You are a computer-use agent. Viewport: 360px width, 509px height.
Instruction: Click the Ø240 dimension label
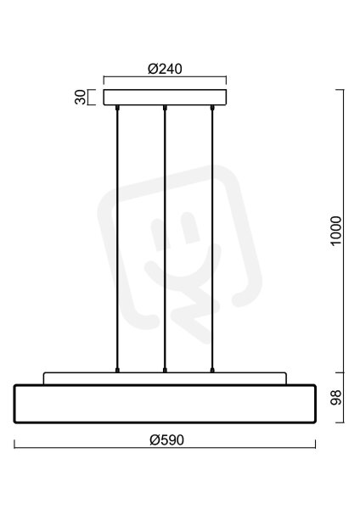pyautogui.click(x=165, y=69)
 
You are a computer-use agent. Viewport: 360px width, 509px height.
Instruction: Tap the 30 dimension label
pyautogui.click(x=81, y=97)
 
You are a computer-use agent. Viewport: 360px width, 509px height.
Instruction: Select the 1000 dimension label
pyautogui.click(x=335, y=231)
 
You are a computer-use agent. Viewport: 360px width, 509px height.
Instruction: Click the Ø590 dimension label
pyautogui.click(x=166, y=439)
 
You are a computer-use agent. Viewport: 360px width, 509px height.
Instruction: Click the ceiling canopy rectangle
pyautogui.click(x=165, y=97)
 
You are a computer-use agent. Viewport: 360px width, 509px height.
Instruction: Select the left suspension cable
pyautogui.click(x=117, y=238)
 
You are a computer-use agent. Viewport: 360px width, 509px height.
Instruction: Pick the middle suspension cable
pyautogui.click(x=165, y=238)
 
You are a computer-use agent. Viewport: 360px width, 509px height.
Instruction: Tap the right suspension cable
pyautogui.click(x=212, y=238)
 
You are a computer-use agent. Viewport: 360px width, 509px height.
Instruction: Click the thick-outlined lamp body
pyautogui.click(x=165, y=404)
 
